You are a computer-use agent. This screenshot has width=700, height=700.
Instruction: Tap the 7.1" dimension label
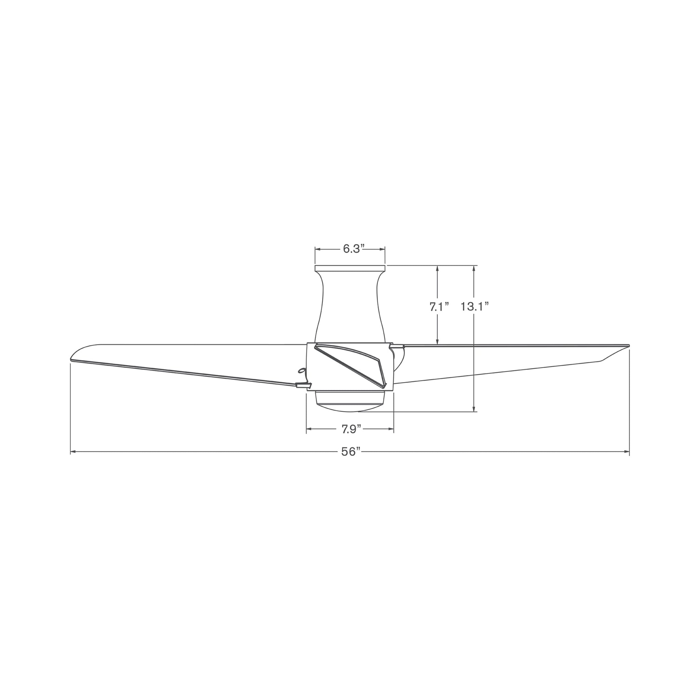click(x=439, y=307)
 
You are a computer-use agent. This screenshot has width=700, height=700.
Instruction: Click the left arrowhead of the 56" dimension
click(x=73, y=452)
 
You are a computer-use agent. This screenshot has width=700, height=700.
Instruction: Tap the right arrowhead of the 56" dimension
click(x=627, y=452)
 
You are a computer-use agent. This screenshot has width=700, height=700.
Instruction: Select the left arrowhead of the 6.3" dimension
click(x=318, y=249)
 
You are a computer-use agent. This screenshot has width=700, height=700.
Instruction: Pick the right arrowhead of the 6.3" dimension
click(x=382, y=249)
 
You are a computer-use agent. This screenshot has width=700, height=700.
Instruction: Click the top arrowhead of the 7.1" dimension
click(x=438, y=268)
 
